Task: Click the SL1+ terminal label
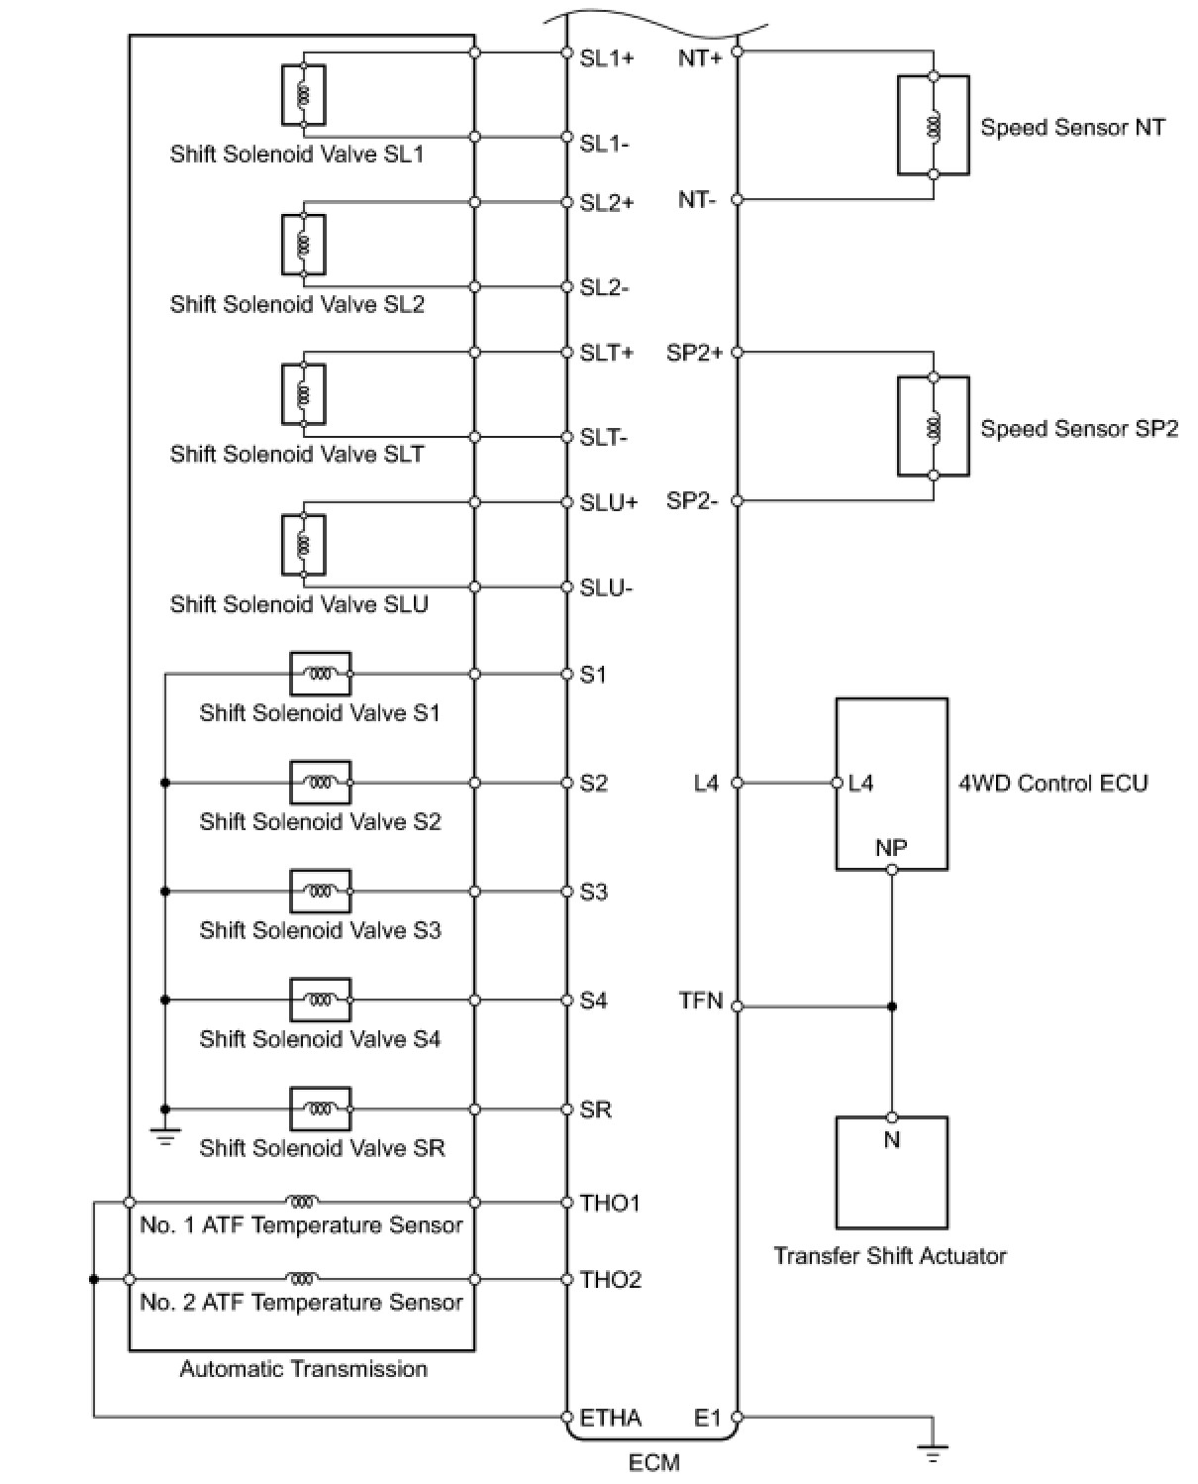[x=606, y=57]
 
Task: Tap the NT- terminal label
[x=697, y=200]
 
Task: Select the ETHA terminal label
[x=610, y=1418]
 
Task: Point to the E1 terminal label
[x=708, y=1418]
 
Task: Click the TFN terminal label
[x=701, y=1001]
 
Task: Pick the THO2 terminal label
[x=610, y=1279]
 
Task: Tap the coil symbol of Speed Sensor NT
[x=933, y=126]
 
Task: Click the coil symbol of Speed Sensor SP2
[x=933, y=427]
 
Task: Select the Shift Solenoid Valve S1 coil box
[x=320, y=674]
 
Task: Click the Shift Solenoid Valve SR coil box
[x=320, y=1109]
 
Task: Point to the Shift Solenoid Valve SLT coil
[x=303, y=394]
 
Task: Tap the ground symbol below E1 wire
[x=932, y=1454]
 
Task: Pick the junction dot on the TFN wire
[x=891, y=1007]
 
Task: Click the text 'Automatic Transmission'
[x=303, y=1369]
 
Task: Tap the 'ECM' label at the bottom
[x=654, y=1462]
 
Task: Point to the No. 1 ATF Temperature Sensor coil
[x=302, y=1202]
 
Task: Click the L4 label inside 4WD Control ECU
[x=861, y=783]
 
